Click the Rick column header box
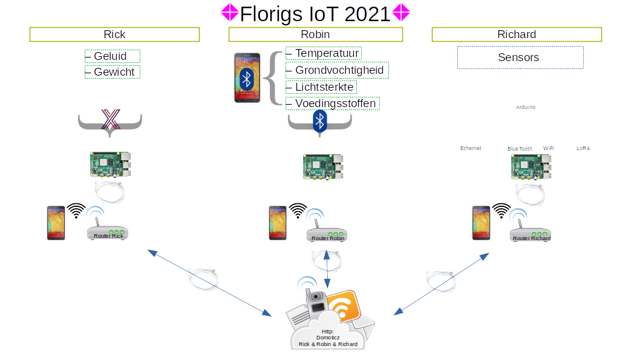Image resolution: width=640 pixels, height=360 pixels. pos(114,34)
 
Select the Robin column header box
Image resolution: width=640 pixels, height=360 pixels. pos(315,34)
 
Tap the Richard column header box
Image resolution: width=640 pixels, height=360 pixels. pos(517,34)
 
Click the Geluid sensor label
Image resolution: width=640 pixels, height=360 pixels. pos(113,56)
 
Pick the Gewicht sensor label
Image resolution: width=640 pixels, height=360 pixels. pos(113,72)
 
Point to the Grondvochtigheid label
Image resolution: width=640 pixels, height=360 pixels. pos(337,70)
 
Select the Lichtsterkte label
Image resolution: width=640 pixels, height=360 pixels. pos(321,87)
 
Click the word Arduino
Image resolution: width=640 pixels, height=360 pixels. pos(525,107)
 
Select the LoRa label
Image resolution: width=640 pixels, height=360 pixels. pos(583,148)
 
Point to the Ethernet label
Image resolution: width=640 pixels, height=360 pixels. pos(471,148)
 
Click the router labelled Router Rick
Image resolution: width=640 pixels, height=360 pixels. pos(109,233)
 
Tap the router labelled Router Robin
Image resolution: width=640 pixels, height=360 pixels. pos(327,235)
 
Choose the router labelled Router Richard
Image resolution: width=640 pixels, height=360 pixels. pos(531,235)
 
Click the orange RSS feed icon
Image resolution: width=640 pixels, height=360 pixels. pos(344,306)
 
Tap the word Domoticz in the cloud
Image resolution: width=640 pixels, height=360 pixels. pos(328,338)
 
